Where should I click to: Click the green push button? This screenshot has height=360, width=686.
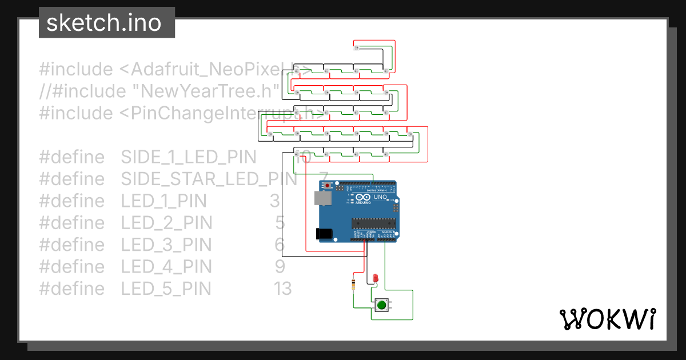381,306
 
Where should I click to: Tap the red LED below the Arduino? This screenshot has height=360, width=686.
375,278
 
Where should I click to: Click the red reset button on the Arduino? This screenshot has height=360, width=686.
328,186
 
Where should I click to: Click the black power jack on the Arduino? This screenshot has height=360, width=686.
324,233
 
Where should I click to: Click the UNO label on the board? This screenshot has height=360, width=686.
380,197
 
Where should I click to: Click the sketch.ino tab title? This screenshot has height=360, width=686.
103,23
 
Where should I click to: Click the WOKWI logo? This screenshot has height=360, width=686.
607,319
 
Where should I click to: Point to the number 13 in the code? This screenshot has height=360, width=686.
282,289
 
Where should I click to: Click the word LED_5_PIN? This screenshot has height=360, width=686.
166,289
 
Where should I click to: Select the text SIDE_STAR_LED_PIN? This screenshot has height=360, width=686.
209,179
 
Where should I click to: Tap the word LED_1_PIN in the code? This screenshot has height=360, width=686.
163,201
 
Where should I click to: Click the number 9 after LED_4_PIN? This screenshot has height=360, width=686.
280,266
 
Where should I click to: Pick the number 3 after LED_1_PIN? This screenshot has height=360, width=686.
274,201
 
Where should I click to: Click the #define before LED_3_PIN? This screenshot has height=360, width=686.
72,245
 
